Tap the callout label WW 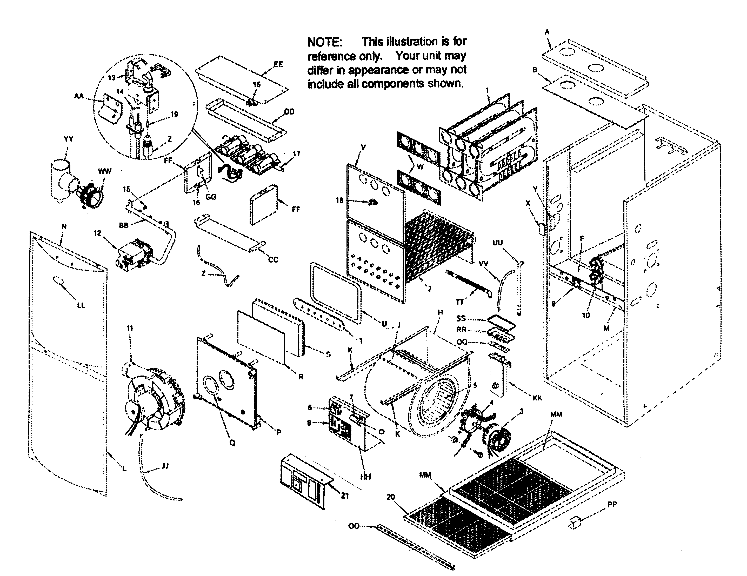point(105,171)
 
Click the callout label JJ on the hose point(165,466)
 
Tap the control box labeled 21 point(303,481)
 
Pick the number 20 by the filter point(391,497)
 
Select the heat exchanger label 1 point(488,91)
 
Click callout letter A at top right point(547,32)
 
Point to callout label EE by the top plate point(278,64)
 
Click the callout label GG point(211,197)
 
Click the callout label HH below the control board point(366,477)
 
